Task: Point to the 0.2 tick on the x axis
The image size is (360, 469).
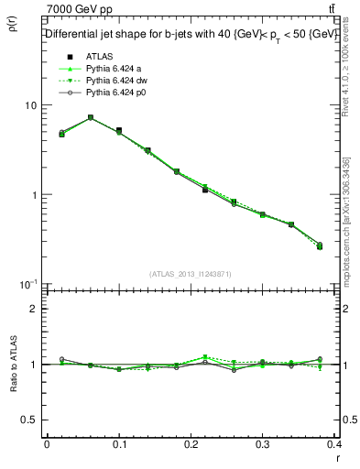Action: (x=191, y=444)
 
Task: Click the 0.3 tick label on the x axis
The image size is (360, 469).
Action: (x=263, y=444)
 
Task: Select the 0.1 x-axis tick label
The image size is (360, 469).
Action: (x=118, y=444)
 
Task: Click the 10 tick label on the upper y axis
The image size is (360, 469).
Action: (x=30, y=105)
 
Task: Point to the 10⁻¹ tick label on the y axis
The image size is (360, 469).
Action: (x=28, y=285)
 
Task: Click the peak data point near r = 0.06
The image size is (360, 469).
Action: (x=90, y=117)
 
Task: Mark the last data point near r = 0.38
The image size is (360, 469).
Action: (x=319, y=245)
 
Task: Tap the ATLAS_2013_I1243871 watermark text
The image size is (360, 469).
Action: (x=190, y=274)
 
